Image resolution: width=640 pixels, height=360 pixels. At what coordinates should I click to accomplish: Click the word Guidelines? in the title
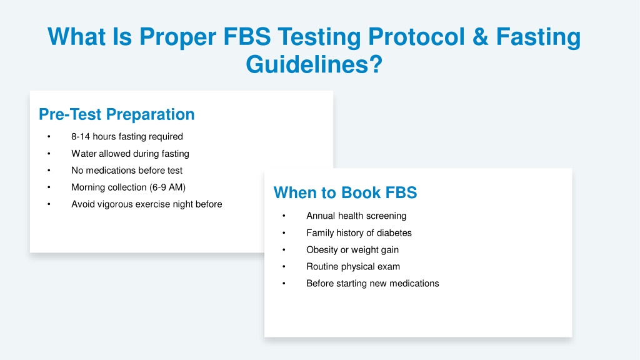[x=314, y=64]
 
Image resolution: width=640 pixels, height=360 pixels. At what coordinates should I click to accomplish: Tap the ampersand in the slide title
[x=481, y=36]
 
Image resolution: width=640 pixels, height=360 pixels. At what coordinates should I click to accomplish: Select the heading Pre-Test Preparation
[x=117, y=114]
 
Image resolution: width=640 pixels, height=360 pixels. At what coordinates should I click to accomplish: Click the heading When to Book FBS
[x=345, y=192]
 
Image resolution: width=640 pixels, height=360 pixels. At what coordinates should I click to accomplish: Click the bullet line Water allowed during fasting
[x=130, y=154]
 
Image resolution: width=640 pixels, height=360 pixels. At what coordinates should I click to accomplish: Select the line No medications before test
[x=127, y=170]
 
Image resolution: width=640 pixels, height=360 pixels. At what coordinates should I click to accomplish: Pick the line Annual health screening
[x=356, y=216]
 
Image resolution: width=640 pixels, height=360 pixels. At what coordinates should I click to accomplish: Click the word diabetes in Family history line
[x=394, y=232]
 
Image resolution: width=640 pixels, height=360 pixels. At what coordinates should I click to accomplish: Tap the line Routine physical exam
[x=353, y=266]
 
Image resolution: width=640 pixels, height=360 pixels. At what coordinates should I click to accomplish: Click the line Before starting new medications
[x=372, y=283]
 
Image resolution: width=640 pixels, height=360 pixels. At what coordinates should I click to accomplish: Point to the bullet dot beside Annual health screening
[x=284, y=216]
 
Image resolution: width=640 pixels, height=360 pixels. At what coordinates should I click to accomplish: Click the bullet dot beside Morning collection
[x=49, y=187]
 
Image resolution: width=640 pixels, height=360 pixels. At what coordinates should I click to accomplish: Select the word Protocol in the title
[x=416, y=36]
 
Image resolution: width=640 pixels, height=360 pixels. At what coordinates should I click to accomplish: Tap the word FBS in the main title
[x=247, y=36]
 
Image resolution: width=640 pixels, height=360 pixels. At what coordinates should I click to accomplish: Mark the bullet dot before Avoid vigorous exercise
[x=49, y=204]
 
